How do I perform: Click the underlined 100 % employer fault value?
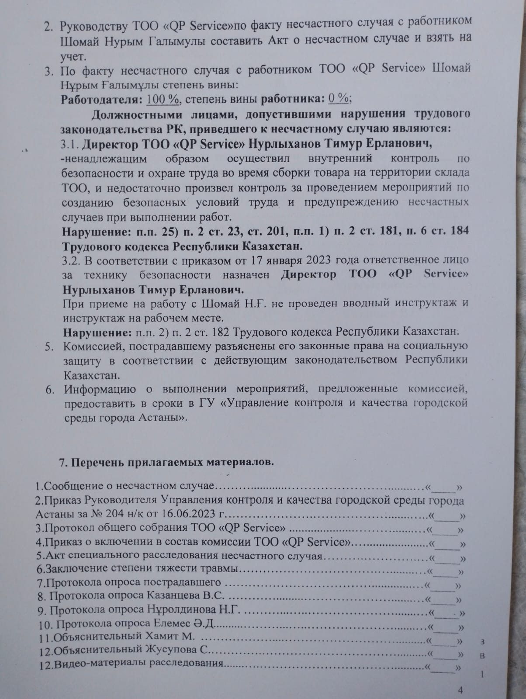pos(163,99)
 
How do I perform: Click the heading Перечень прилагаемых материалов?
pos(172,462)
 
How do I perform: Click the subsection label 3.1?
pos(70,144)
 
